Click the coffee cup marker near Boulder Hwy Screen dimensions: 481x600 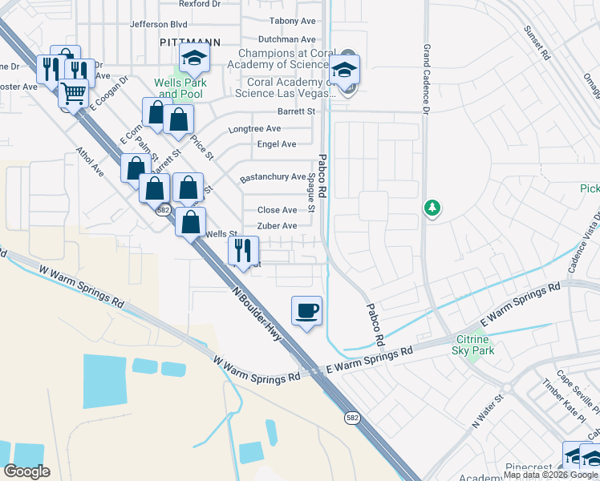pos(307,310)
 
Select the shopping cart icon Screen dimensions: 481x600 pos(74,94)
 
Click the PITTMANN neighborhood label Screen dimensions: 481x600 pos(189,39)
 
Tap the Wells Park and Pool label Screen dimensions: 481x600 pos(181,88)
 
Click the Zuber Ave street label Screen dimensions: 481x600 pos(277,226)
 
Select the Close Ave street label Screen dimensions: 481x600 pos(277,210)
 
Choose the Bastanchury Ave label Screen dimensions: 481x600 pos(273,177)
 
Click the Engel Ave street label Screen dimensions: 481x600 pos(277,144)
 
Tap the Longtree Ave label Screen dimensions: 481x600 pos(254,128)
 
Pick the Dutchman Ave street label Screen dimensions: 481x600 pos(286,39)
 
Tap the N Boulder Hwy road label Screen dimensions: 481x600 pos(259,315)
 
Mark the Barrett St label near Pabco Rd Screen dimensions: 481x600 pos(296,111)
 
